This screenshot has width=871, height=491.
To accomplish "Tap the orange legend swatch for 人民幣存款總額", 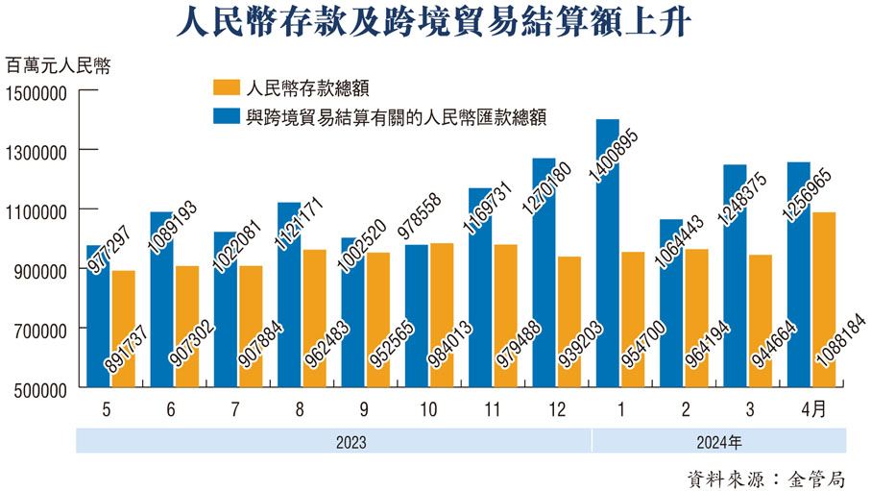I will [x=226, y=88].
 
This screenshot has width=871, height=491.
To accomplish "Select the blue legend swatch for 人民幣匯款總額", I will [x=226, y=117].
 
